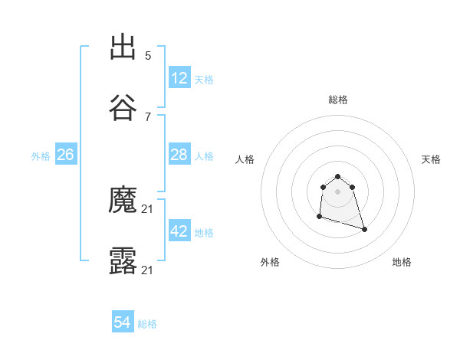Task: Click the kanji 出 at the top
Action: click(123, 47)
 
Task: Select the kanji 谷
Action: click(123, 107)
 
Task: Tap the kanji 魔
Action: click(123, 201)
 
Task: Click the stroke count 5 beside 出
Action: click(148, 56)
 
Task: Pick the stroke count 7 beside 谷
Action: click(148, 116)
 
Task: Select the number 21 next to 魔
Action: click(148, 210)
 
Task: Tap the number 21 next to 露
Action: click(148, 270)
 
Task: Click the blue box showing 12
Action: click(179, 78)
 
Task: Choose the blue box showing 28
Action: click(179, 155)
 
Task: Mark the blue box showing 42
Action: click(179, 231)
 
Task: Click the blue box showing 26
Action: click(66, 155)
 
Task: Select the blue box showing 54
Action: click(123, 323)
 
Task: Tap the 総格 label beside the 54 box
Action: click(147, 324)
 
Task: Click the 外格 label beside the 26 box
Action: click(41, 155)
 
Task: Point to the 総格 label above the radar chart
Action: click(338, 100)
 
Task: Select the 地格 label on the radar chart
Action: click(402, 263)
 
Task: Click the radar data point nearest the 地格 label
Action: click(364, 229)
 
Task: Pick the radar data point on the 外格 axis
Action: click(319, 218)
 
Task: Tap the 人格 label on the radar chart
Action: click(245, 159)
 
